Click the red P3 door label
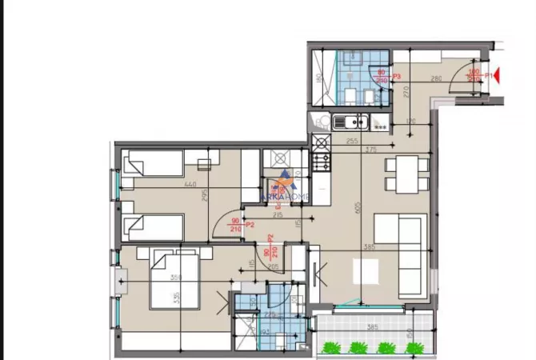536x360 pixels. pyautogui.click(x=396, y=75)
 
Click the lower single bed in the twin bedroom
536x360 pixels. pyautogui.click(x=156, y=226)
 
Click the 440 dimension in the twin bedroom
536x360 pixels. pyautogui.click(x=190, y=185)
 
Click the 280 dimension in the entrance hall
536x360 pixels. pyautogui.click(x=436, y=78)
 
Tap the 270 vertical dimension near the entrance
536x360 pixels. pyautogui.click(x=406, y=92)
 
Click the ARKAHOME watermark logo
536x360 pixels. pyautogui.click(x=286, y=190)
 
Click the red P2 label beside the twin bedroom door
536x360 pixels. pyautogui.click(x=250, y=225)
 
